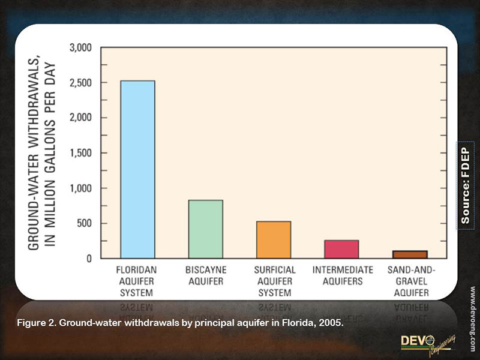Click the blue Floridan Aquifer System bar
click(x=138, y=169)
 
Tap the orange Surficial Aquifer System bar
click(x=274, y=240)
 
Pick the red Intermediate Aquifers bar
click(x=342, y=249)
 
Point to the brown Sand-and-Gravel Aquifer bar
click(x=410, y=254)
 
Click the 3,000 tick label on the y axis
click(x=80, y=47)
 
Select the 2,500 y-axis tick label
click(x=80, y=82)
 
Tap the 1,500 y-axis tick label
click(x=80, y=153)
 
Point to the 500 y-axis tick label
click(x=83, y=223)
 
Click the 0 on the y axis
click(x=89, y=259)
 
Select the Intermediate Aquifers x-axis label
click(x=342, y=275)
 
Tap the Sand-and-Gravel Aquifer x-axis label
click(x=410, y=281)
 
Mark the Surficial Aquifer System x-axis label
click(x=274, y=281)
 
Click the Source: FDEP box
click(x=466, y=185)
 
